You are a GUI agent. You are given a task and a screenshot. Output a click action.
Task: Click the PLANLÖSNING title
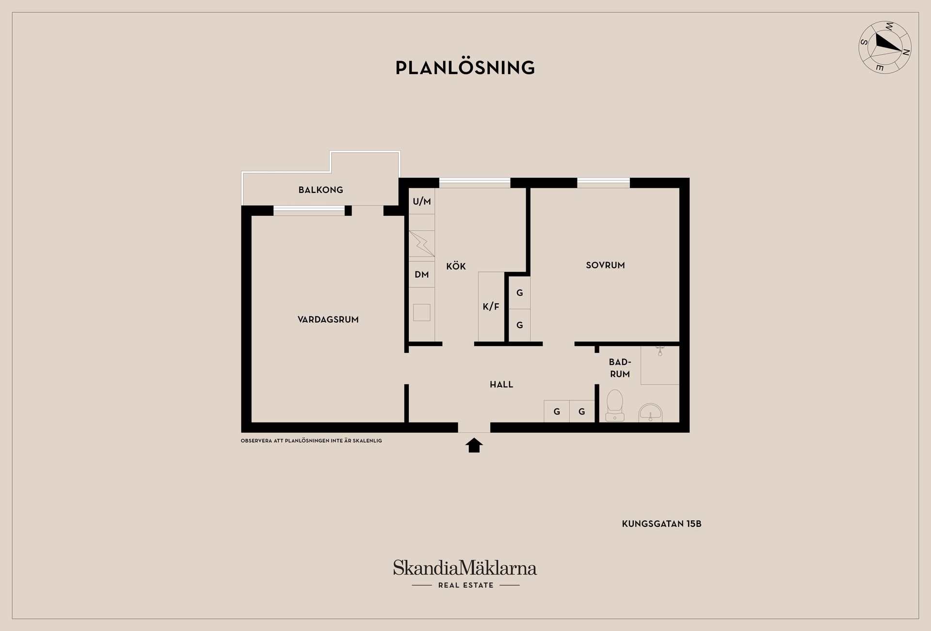pos(465,67)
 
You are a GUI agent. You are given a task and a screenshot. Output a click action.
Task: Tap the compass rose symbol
pos(885,47)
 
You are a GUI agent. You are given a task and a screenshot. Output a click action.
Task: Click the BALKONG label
pos(321,190)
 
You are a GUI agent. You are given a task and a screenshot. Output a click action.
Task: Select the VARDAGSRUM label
pos(328,319)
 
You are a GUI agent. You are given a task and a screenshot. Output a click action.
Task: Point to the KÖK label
pos(456,266)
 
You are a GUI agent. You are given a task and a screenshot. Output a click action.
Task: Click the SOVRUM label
pos(605,265)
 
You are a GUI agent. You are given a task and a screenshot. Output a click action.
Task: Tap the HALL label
pos(501,384)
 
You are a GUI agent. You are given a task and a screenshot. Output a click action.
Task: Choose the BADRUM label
pos(620,368)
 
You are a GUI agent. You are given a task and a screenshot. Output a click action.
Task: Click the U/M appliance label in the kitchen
pos(421,202)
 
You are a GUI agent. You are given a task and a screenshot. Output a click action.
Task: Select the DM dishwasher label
pos(421,274)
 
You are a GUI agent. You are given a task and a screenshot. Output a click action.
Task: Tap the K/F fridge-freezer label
pos(491,306)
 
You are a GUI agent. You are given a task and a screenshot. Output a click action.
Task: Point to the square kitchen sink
pos(421,313)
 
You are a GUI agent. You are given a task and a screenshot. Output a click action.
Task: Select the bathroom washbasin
pos(651,412)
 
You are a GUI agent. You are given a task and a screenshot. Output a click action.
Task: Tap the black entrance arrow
pos(474,445)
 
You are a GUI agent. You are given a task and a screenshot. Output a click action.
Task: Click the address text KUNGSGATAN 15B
pos(661,524)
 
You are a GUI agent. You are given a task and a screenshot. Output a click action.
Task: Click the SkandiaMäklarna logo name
pos(465,568)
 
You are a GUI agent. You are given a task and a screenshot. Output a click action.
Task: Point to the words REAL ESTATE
pos(465,585)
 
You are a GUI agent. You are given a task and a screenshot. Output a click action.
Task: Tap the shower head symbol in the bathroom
pos(659,350)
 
